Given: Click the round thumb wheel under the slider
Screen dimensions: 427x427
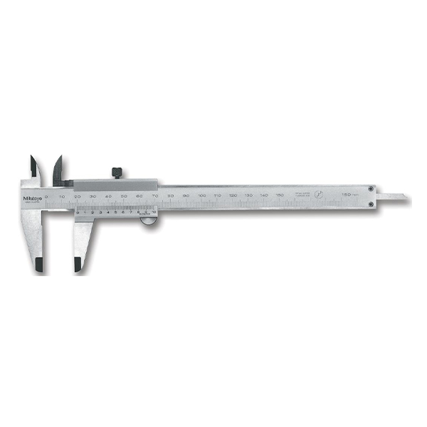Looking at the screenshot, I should click(148, 223).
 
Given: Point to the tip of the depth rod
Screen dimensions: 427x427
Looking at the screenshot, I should click(406, 196).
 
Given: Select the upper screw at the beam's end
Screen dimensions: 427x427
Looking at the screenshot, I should click(371, 188).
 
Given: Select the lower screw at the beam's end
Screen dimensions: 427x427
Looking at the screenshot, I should click(371, 205).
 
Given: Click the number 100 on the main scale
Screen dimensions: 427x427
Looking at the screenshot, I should click(201, 194).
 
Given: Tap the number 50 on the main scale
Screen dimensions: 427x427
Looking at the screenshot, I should click(124, 194).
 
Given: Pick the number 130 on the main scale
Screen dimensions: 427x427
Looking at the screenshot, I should click(248, 194).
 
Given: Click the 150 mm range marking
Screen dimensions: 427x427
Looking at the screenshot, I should click(349, 194).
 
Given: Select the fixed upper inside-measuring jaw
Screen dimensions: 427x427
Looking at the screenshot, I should click(33, 168).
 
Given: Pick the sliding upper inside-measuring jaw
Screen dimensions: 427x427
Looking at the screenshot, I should click(57, 169).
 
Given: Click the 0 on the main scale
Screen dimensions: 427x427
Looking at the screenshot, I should click(46, 194).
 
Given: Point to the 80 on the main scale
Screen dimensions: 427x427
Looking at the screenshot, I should click(170, 194).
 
